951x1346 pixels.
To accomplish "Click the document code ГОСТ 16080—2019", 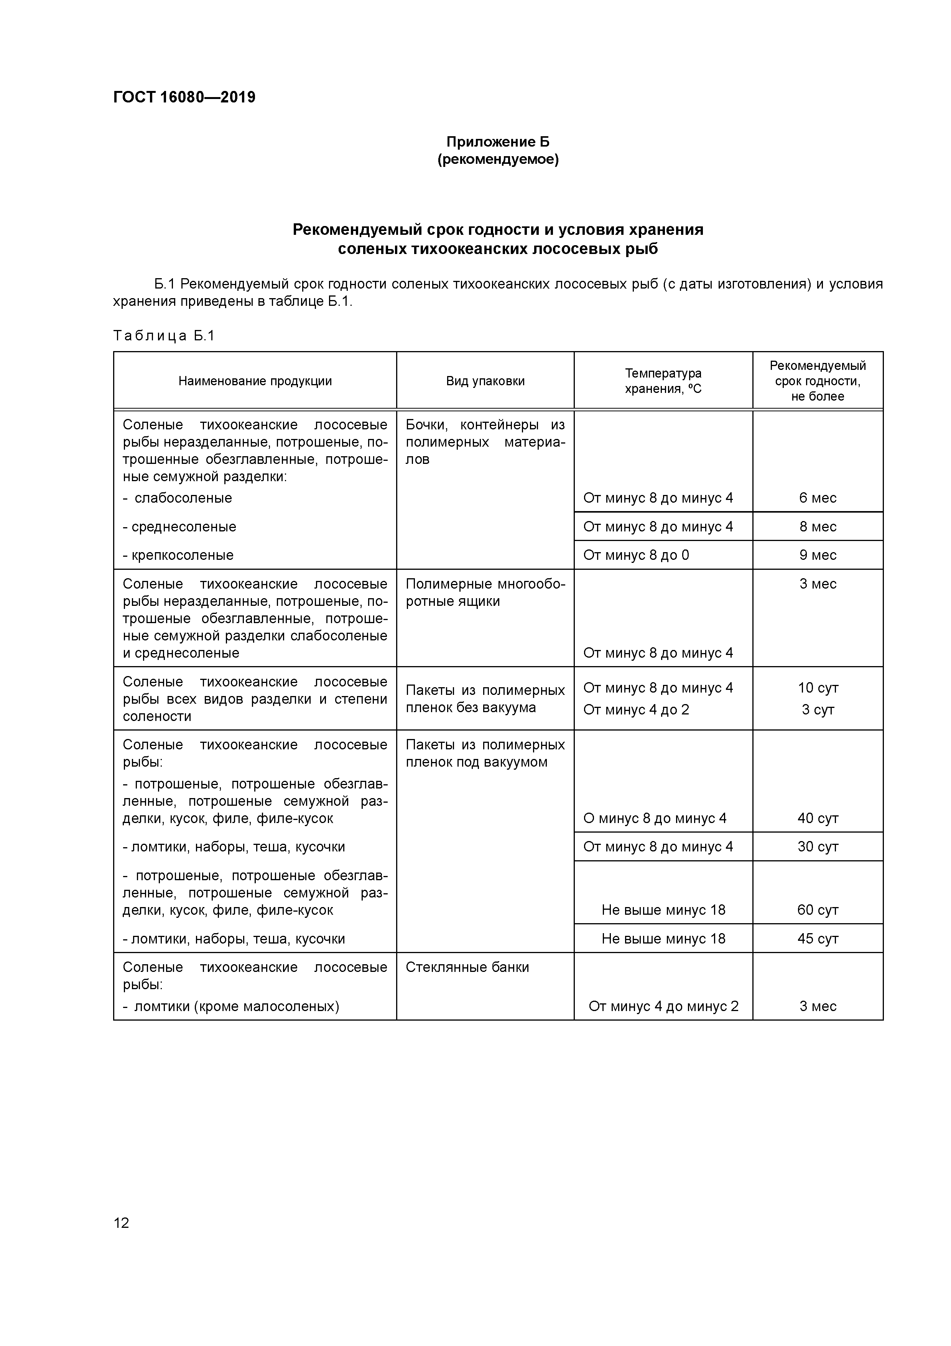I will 184,97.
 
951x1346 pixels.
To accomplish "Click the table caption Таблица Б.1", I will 164,335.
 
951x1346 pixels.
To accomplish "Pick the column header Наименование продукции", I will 255,381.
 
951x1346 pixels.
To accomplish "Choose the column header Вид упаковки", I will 485,381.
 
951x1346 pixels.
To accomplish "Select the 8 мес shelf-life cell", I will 818,526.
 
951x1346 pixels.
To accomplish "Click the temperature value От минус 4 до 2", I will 636,709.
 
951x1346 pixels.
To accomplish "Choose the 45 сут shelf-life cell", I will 818,939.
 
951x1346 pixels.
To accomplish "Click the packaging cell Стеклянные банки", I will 467,967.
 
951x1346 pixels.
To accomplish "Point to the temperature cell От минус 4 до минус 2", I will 663,1006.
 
